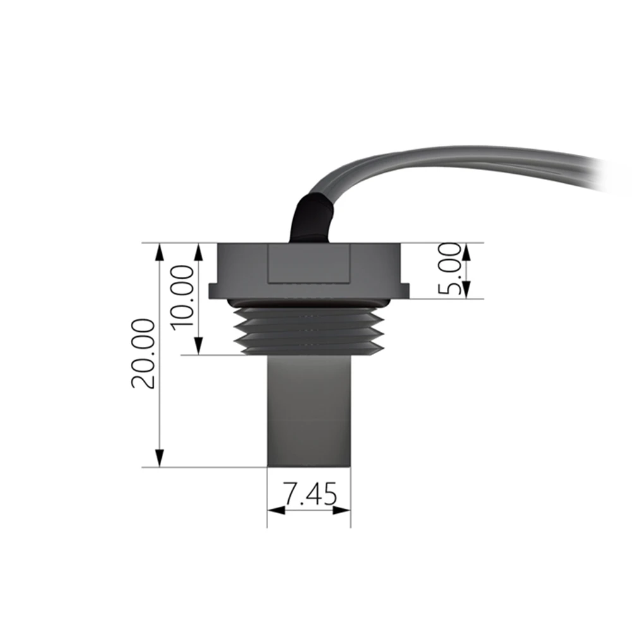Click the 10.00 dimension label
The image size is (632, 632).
point(183,296)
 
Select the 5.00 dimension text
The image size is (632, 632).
point(451,270)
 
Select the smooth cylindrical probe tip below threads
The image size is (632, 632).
point(308,411)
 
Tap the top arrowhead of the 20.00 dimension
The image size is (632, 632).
point(159,251)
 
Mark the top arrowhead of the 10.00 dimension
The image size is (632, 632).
point(198,251)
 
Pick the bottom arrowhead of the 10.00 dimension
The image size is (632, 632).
point(198,346)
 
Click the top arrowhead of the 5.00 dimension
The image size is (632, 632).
point(466,251)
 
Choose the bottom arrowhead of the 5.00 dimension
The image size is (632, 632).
point(466,291)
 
